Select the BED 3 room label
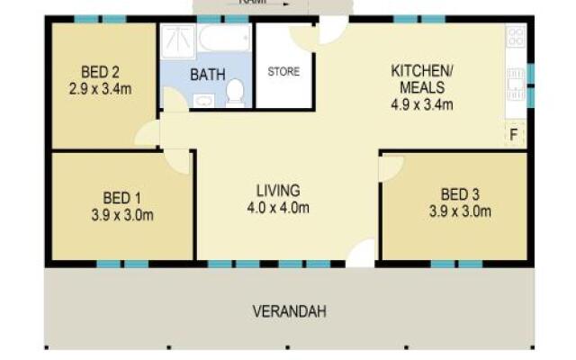coord(459,194)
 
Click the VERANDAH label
coord(288,312)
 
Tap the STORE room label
coord(283,71)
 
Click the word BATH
coord(207,76)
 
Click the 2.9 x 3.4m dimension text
coord(101,89)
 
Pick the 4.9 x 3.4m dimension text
coord(420,104)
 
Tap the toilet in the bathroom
coord(235,93)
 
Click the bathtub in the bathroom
coord(224,39)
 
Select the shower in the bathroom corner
coord(178,41)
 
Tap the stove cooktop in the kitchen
coord(516,37)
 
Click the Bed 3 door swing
coord(391,167)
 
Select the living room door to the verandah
coord(361,255)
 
